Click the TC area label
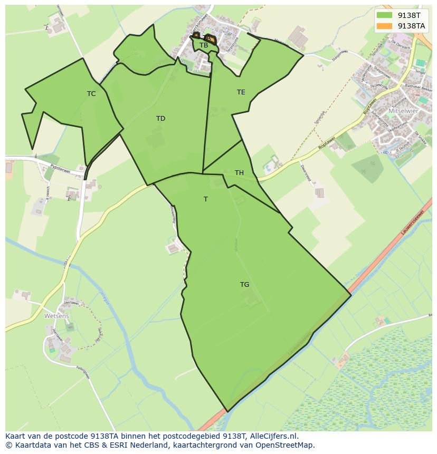[91, 94]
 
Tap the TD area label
[160, 119]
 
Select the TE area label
[241, 92]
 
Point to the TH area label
[239, 173]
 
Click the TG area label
[244, 285]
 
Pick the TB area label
[204, 45]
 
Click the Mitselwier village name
[403, 111]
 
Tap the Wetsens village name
[56, 316]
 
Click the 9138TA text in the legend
[412, 25]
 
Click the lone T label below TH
[205, 199]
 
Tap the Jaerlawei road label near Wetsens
[71, 303]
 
